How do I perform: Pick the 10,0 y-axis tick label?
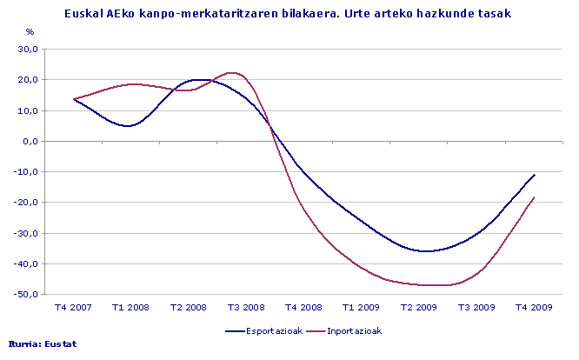(30, 110)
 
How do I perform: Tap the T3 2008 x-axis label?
(245, 307)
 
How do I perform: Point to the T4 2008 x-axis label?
(303, 307)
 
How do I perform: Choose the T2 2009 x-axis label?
(419, 307)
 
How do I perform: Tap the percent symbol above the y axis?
(30, 32)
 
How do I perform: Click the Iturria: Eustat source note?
(42, 343)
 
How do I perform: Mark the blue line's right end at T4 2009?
(535, 175)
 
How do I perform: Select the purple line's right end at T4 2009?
(535, 197)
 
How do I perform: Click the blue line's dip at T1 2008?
(129, 126)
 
